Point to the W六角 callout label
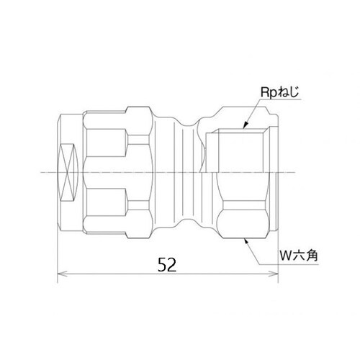click(298, 255)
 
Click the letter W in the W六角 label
click(284, 255)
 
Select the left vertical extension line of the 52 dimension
click(56, 252)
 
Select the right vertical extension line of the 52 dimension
click(278, 252)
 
